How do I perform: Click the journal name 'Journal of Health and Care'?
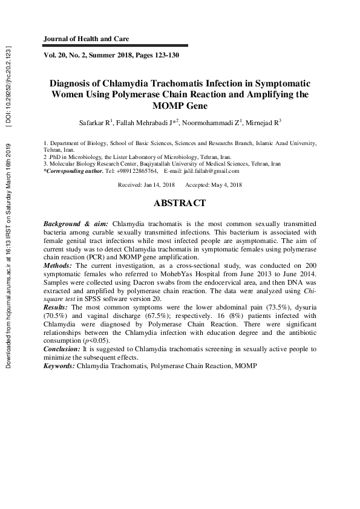(x=86, y=39)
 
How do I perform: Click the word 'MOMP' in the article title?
(x=160, y=106)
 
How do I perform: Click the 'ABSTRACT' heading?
(x=180, y=204)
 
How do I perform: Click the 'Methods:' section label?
(x=58, y=265)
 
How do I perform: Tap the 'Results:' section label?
(x=57, y=307)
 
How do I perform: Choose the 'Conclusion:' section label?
(x=63, y=349)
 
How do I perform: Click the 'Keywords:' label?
(x=59, y=366)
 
